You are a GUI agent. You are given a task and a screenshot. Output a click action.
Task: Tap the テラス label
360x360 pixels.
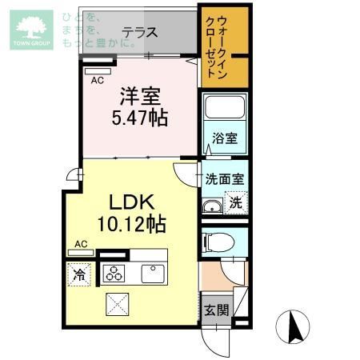click(139, 34)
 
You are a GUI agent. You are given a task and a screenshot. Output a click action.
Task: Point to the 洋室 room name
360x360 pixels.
click(140, 96)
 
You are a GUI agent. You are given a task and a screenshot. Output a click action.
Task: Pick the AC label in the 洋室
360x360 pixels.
click(97, 81)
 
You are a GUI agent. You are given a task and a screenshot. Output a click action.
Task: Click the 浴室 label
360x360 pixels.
click(224, 138)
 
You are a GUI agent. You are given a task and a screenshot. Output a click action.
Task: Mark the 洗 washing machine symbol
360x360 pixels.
click(234, 203)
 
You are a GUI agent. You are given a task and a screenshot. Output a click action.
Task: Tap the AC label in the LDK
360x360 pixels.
click(81, 244)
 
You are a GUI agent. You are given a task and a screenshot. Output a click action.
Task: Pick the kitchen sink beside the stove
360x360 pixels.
click(153, 274)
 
